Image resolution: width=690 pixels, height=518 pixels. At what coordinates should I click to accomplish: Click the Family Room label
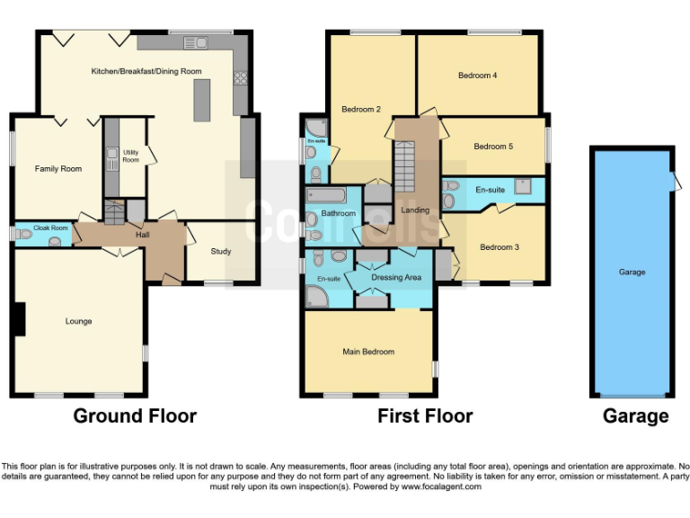click(x=58, y=168)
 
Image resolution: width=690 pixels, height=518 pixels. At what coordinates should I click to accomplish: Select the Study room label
click(x=221, y=251)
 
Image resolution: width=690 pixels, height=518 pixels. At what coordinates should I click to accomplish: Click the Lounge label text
click(x=78, y=321)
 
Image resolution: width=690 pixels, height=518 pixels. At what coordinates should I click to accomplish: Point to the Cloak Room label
click(x=52, y=228)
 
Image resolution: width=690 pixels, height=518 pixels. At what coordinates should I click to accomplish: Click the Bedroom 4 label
click(x=478, y=76)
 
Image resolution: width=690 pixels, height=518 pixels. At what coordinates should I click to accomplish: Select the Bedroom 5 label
click(x=493, y=147)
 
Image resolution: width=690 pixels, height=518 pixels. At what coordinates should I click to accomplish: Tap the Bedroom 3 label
click(x=499, y=247)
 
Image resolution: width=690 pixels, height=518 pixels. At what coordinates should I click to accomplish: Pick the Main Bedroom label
click(x=368, y=352)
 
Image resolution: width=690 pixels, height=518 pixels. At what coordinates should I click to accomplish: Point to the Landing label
click(x=415, y=210)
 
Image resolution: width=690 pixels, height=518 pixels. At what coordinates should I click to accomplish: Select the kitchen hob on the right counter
click(x=241, y=78)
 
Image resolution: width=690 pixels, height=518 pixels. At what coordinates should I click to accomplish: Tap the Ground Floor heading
click(x=135, y=415)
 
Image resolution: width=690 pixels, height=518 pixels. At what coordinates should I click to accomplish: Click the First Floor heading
click(x=425, y=415)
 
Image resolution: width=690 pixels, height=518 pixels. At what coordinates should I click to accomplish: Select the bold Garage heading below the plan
click(x=636, y=415)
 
